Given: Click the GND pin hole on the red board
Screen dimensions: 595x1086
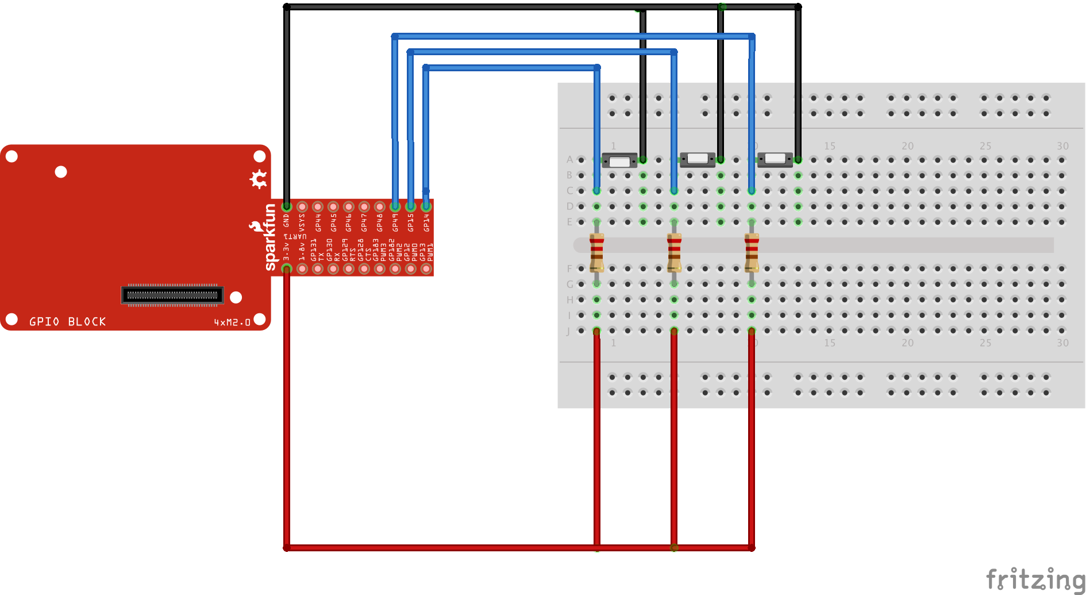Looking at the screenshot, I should click(287, 206).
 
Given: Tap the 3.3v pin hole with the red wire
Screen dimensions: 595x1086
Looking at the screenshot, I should click(287, 268).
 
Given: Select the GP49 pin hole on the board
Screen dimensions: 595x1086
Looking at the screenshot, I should click(395, 206).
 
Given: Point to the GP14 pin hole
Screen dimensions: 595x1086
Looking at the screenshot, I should click(426, 206).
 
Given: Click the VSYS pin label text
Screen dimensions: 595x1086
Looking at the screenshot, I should click(302, 223).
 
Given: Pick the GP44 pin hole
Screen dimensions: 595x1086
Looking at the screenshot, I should click(318, 206).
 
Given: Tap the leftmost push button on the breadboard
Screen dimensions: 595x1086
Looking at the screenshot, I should click(619, 160).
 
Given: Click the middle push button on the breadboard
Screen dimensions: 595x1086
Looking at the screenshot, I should click(698, 159).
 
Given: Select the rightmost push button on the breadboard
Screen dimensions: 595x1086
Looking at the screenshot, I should click(775, 159).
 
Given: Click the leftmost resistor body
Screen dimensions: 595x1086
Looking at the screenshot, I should click(597, 252).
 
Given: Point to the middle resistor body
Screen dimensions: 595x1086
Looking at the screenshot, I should click(674, 252).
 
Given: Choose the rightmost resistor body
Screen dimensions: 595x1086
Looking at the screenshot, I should click(752, 252).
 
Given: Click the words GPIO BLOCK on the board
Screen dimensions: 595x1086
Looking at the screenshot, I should click(68, 322).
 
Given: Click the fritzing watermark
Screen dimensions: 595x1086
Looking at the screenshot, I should click(1035, 579).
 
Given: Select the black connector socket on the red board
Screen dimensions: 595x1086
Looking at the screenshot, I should click(172, 295).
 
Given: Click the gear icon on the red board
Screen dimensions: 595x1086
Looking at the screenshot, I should click(259, 179).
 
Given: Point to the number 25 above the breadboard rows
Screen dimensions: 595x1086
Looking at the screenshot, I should click(985, 146).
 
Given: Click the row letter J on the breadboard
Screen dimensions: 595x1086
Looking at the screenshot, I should click(568, 331).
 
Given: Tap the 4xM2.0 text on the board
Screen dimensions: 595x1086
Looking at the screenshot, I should click(232, 323).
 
